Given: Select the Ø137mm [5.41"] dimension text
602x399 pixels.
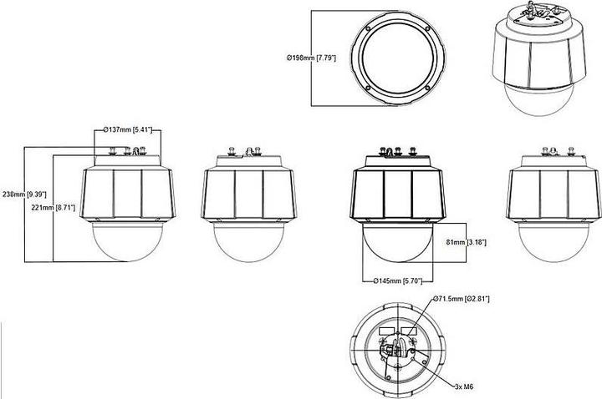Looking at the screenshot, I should [127, 129].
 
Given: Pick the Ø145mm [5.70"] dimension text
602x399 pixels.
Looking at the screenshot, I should [397, 281].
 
